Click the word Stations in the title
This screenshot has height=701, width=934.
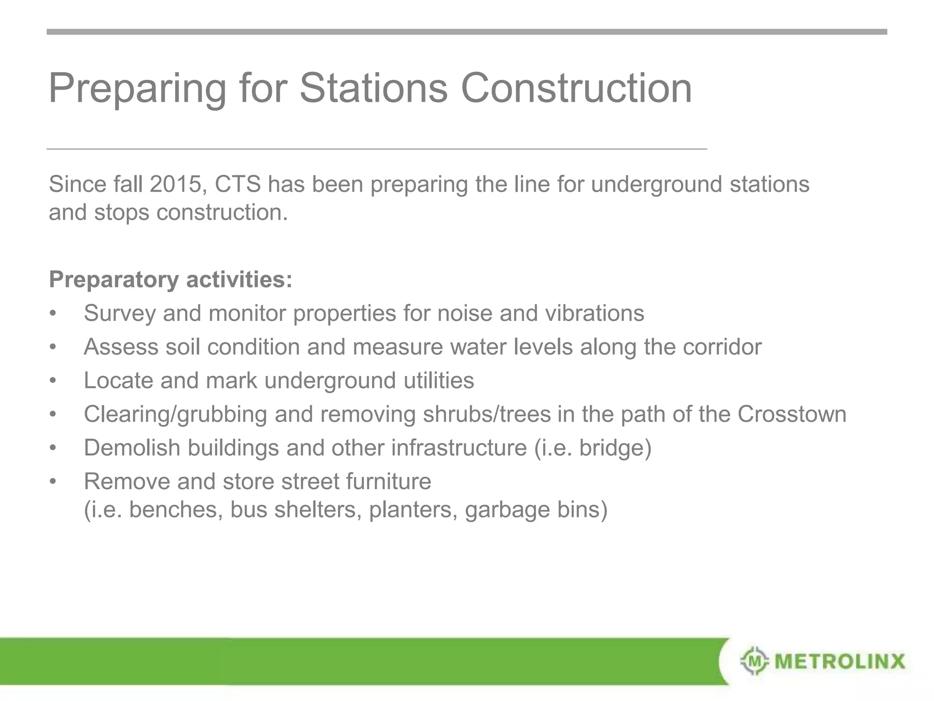pyautogui.click(x=374, y=88)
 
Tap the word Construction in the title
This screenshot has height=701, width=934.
pyautogui.click(x=576, y=88)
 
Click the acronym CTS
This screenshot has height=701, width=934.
pyautogui.click(x=238, y=184)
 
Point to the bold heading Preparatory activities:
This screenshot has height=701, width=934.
pyautogui.click(x=171, y=279)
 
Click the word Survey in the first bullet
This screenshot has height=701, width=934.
pyautogui.click(x=119, y=314)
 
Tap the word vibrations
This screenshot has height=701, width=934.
pyautogui.click(x=595, y=314)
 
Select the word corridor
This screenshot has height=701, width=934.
pyautogui.click(x=722, y=347)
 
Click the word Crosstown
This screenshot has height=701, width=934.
pyautogui.click(x=792, y=414)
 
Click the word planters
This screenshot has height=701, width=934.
pyautogui.click(x=413, y=510)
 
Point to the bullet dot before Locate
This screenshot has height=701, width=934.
pyautogui.click(x=53, y=381)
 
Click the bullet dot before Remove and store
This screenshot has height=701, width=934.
pyautogui.click(x=53, y=481)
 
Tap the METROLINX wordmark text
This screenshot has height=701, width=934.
pyautogui.click(x=840, y=661)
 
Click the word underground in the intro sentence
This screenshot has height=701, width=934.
pyautogui.click(x=656, y=184)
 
